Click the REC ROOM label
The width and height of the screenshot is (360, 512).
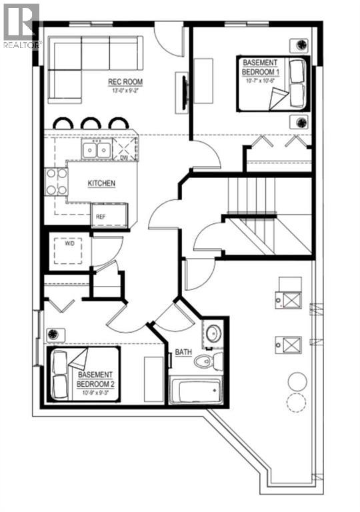(127, 83)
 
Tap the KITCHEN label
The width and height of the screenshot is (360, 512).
(102, 183)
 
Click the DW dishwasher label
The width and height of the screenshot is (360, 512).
(124, 157)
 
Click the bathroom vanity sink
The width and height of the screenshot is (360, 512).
(213, 334)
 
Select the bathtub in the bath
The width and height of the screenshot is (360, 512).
(195, 391)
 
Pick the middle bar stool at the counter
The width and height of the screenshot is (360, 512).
(91, 124)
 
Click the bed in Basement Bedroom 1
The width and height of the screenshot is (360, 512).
(274, 83)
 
